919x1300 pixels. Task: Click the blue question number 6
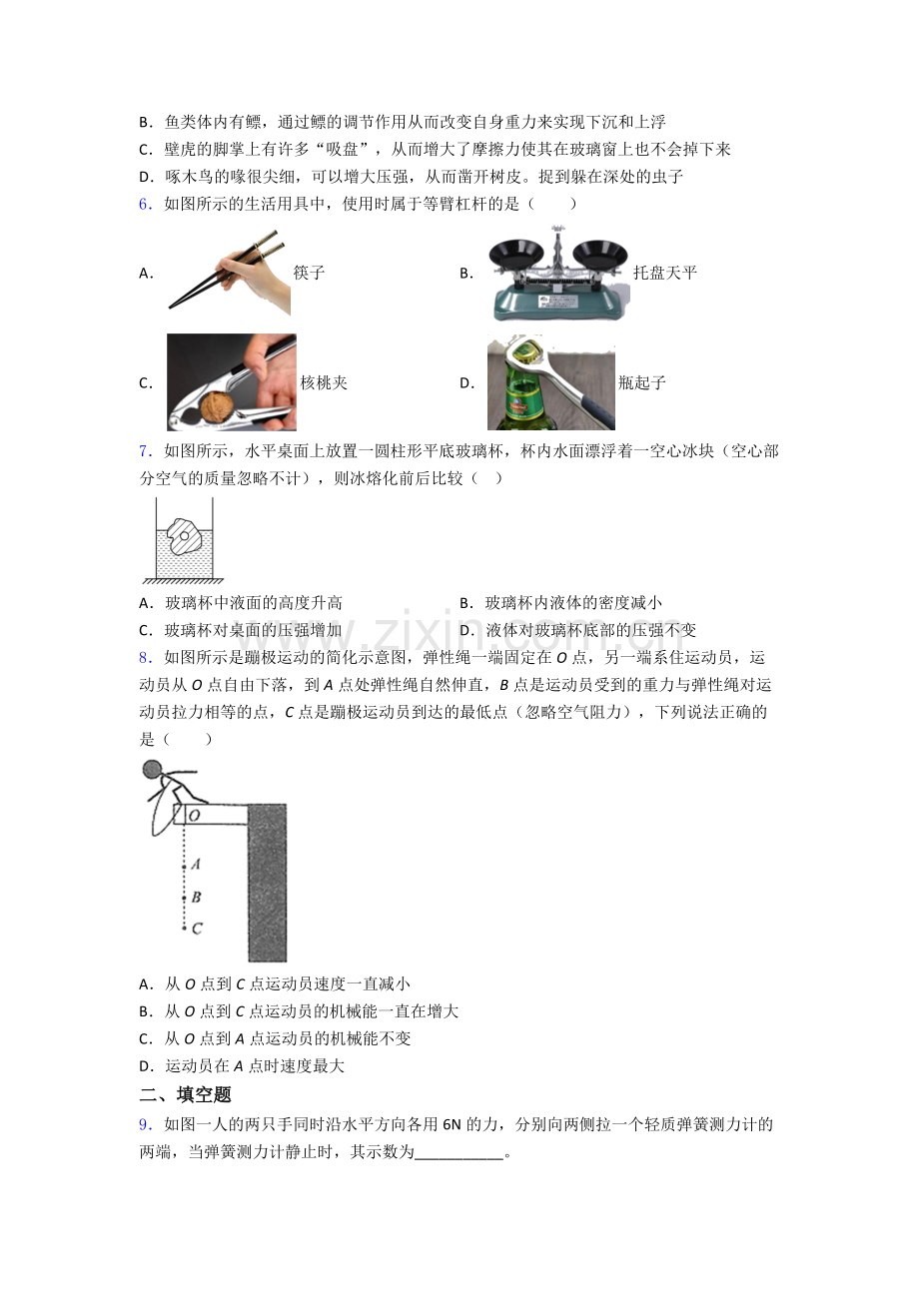145,204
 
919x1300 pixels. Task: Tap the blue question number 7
145,451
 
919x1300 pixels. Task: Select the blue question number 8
145,658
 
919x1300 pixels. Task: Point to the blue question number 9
145,1124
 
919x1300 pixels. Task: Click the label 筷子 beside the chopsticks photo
309,273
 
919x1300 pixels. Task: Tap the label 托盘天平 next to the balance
664,273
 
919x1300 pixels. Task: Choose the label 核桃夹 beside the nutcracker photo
324,383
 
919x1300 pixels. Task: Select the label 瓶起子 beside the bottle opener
641,383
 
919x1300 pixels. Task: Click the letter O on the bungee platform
194,815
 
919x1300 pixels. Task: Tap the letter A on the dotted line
196,864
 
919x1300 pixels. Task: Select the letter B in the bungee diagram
196,898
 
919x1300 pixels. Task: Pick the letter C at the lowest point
197,930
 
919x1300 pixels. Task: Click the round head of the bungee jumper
152,770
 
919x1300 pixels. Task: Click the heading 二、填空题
185,1094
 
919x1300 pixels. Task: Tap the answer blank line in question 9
459,1158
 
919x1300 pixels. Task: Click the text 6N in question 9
452,1124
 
